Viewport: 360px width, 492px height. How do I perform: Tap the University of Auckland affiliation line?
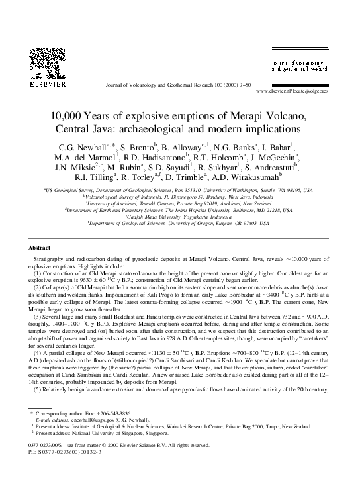180,203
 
